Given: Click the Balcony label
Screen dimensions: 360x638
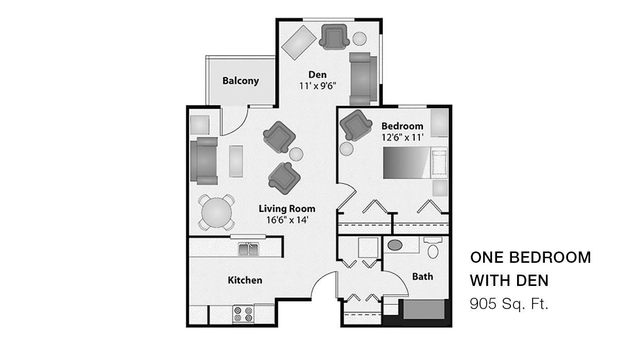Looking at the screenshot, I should coord(240,81).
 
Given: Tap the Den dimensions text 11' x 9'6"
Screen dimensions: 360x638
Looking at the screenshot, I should coord(317,86).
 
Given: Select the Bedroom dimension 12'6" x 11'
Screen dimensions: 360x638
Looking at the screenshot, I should coord(402,137).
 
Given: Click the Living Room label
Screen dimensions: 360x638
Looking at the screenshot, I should coord(287,209).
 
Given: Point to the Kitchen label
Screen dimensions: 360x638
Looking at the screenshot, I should coord(245,280).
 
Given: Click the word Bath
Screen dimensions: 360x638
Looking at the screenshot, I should coord(422,277).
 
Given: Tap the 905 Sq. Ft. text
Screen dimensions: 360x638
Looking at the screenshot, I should coord(509,304).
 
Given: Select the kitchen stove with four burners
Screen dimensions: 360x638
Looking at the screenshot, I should coord(243,314).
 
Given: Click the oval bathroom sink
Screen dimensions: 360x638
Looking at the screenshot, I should coord(395,245).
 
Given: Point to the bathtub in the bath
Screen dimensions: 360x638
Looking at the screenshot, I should coord(423,310).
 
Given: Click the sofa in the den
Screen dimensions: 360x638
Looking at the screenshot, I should coord(364,78).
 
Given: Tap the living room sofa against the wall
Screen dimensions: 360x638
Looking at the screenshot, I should coord(204,161).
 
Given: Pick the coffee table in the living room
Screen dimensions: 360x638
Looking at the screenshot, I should coord(236,161).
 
